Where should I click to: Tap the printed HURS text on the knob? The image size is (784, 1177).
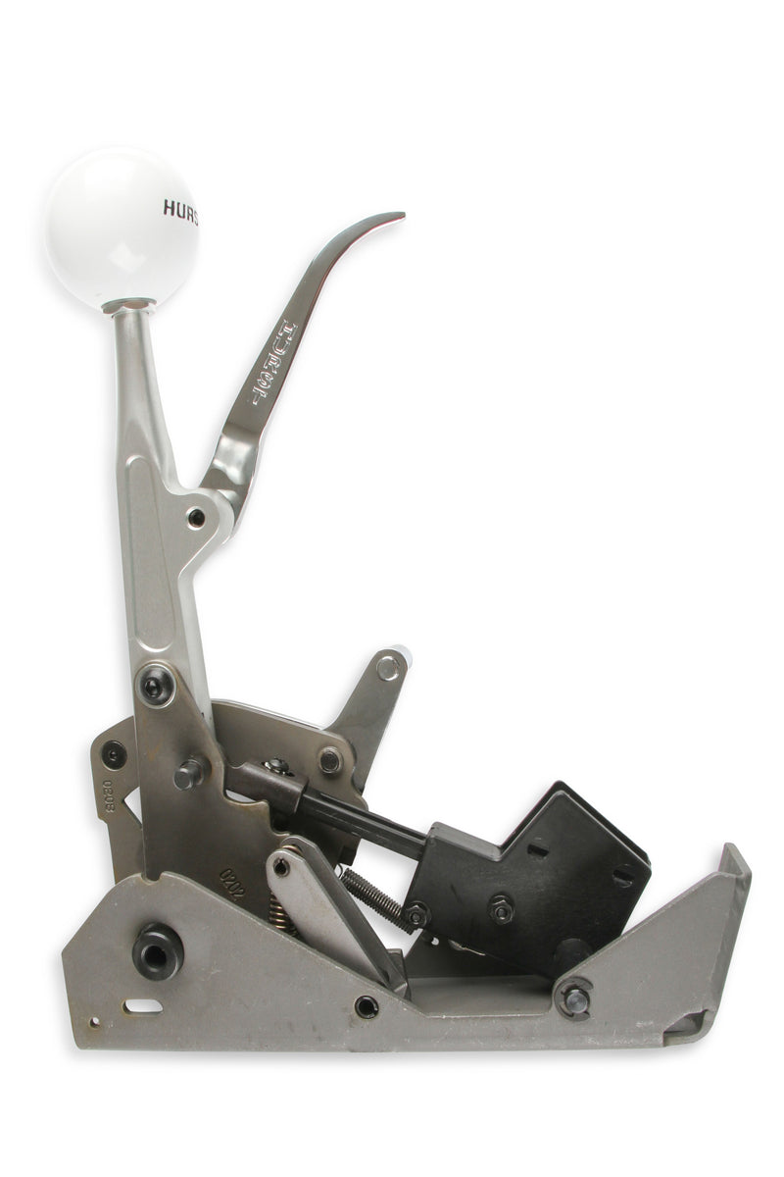tap(180, 209)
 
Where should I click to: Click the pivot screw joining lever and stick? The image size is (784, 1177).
tap(197, 515)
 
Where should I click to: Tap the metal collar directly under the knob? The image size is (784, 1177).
tap(128, 305)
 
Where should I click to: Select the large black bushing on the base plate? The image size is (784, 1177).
tap(157, 949)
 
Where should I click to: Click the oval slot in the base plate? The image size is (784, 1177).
tap(143, 1005)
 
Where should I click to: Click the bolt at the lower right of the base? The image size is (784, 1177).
tap(574, 998)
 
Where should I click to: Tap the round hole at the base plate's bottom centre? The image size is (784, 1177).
tap(366, 1005)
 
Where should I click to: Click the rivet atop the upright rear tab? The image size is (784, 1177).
tap(389, 667)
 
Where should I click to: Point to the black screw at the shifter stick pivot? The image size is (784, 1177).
tap(156, 684)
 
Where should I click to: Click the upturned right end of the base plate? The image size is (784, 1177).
tap(733, 873)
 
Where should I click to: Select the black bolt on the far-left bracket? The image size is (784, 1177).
tap(114, 754)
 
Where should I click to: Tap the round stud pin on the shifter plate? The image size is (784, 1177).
tap(188, 774)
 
